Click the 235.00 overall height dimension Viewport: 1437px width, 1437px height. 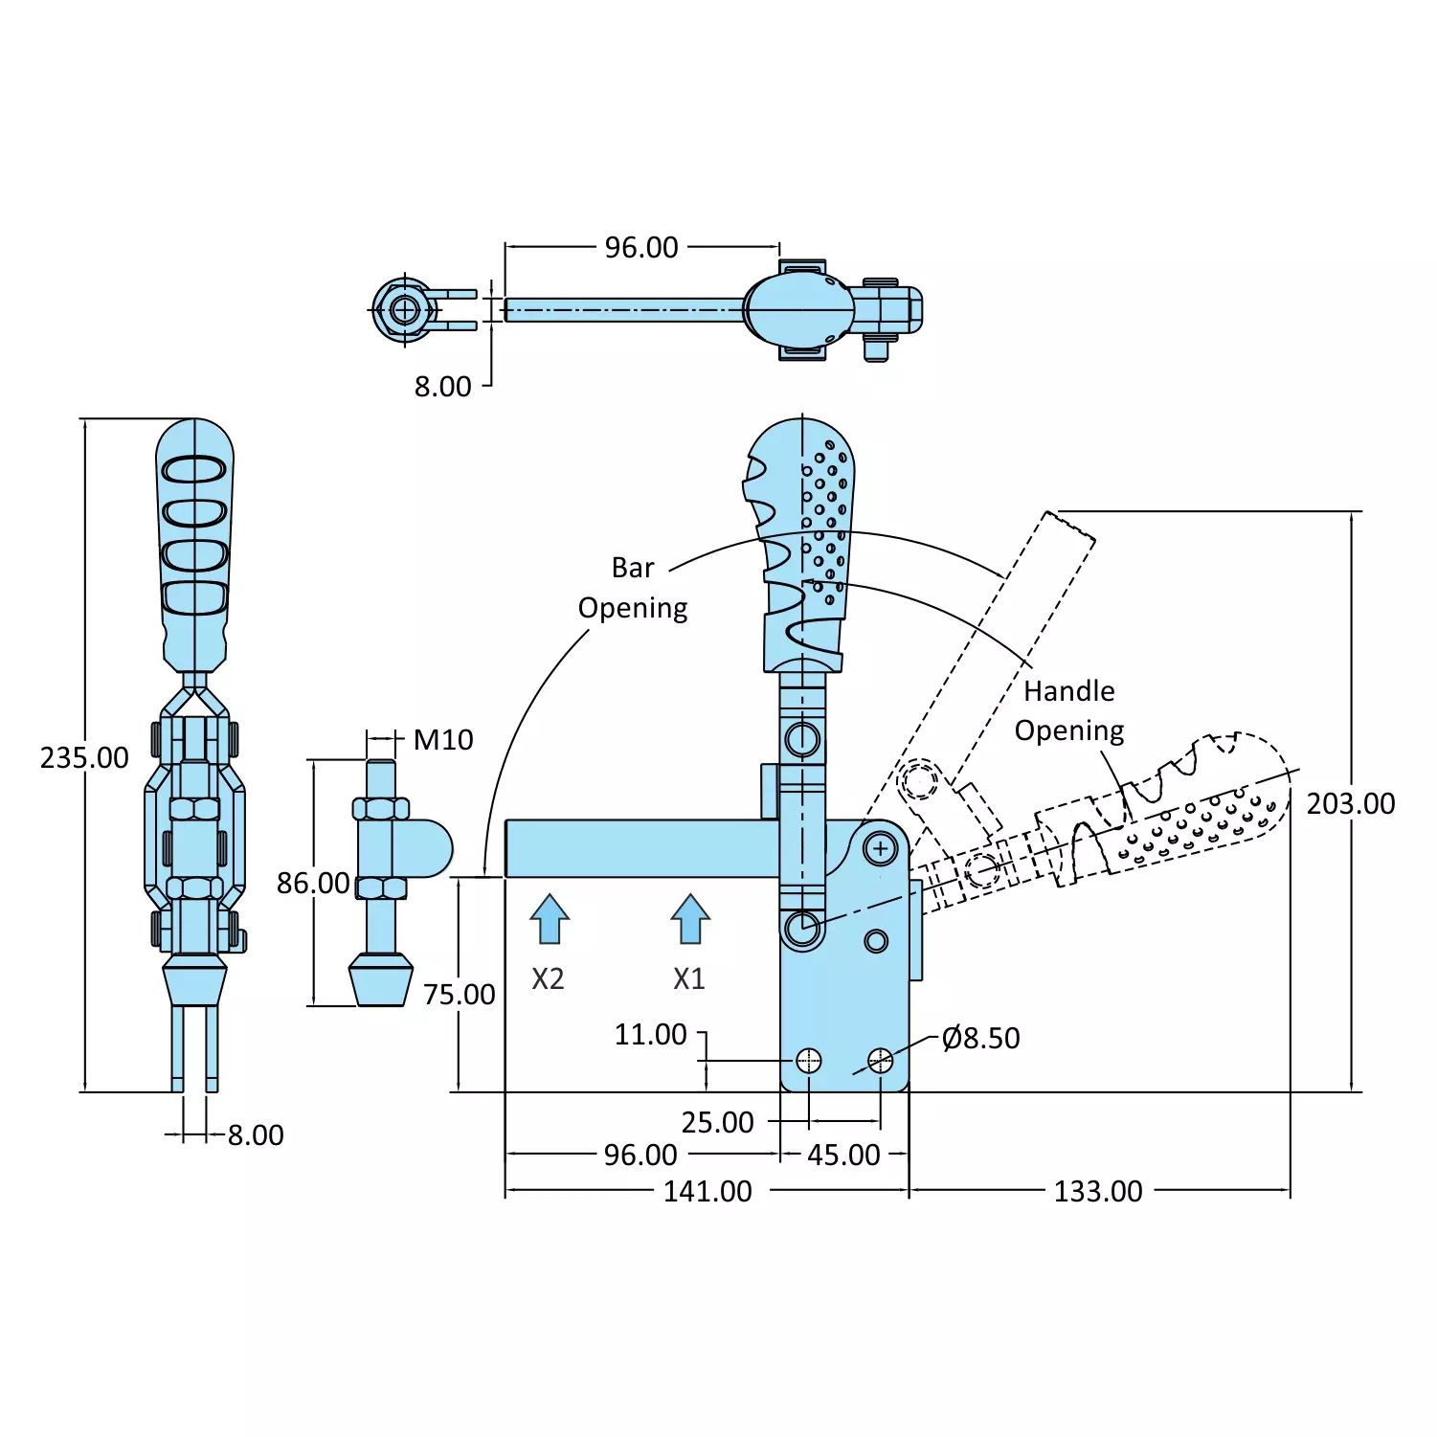(84, 757)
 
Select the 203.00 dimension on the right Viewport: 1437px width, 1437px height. (1351, 803)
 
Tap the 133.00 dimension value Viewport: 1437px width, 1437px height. (1098, 1191)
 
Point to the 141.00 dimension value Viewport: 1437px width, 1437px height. (707, 1191)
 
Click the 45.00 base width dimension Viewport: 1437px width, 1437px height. (843, 1155)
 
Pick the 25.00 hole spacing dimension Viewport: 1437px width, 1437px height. (717, 1122)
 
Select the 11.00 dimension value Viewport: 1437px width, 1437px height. (650, 1034)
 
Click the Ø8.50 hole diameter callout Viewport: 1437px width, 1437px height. (980, 1038)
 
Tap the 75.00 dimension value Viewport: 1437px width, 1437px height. (460, 995)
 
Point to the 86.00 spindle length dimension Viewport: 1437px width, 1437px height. (313, 883)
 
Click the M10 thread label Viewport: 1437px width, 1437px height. (443, 739)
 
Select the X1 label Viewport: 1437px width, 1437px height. (688, 978)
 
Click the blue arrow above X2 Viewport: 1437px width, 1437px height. (550, 919)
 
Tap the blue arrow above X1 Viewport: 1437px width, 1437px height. (690, 919)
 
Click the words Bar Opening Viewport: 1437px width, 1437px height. (633, 588)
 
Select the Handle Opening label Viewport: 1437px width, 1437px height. (1069, 710)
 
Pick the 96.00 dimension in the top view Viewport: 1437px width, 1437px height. (641, 247)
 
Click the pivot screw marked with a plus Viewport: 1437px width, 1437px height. (880, 848)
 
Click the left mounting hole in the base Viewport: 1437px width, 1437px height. (809, 1060)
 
